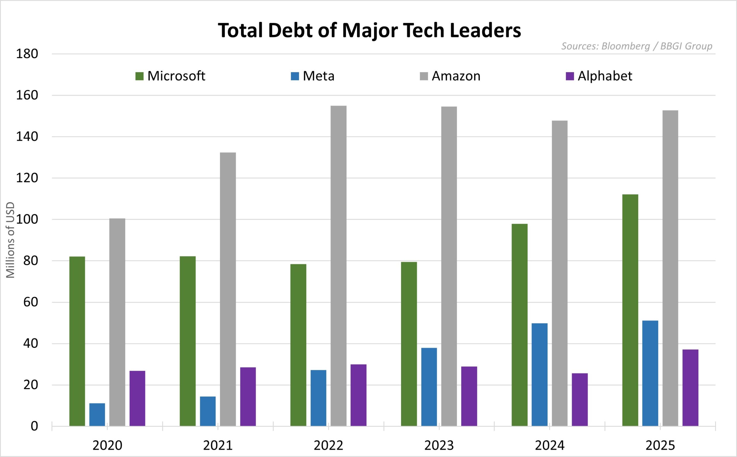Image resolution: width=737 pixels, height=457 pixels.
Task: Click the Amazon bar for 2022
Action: [338, 266]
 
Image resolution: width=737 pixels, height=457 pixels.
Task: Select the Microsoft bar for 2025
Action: [630, 310]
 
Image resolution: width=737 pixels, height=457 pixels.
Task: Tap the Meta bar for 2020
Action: [97, 415]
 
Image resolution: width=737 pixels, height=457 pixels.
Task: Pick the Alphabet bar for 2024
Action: [580, 400]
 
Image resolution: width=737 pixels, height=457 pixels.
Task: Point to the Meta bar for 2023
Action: [429, 387]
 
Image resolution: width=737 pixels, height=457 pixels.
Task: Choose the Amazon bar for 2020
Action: [117, 322]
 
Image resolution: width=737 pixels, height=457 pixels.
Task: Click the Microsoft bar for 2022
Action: [298, 345]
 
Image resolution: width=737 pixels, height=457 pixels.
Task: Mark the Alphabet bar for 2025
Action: [691, 388]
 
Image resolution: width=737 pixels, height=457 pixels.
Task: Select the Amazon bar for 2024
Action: [560, 274]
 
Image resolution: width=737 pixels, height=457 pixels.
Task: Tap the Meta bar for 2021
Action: [208, 411]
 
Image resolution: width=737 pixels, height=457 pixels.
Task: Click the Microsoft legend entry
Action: [170, 76]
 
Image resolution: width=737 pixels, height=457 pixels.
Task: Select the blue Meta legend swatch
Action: [295, 76]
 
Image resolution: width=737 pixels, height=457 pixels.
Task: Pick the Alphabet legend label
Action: [605, 76]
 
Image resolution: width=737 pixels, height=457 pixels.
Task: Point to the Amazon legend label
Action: [456, 76]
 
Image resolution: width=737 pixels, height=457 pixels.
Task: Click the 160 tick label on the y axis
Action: [27, 95]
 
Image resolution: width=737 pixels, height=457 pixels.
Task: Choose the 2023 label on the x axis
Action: [439, 445]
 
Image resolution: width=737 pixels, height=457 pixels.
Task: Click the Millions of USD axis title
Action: [11, 240]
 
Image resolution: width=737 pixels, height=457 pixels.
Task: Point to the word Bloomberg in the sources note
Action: [625, 46]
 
